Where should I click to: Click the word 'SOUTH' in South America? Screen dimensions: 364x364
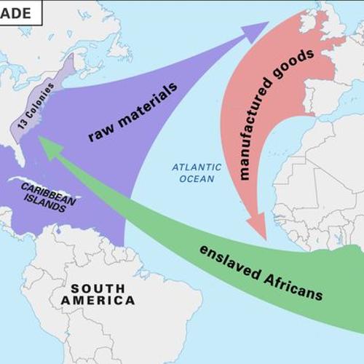(98, 287)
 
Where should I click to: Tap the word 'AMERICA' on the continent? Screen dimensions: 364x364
(98, 300)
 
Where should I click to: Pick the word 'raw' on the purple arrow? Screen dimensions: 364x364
(102, 131)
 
